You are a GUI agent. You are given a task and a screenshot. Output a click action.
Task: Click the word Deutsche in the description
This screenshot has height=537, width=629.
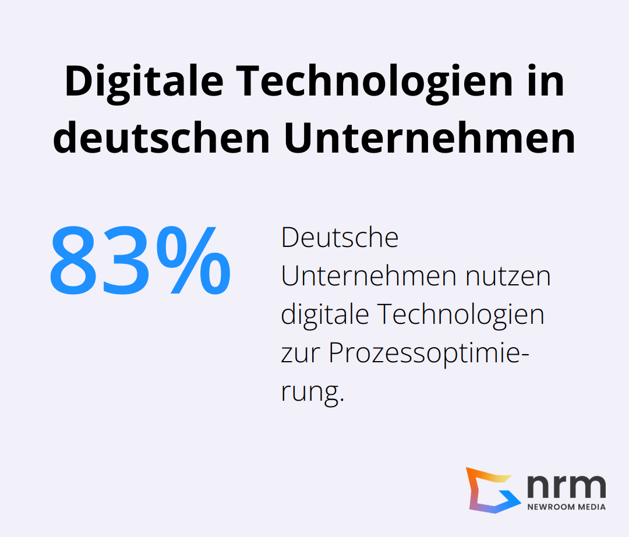(x=340, y=238)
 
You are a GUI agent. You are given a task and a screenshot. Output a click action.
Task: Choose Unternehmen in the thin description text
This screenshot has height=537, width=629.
(x=367, y=277)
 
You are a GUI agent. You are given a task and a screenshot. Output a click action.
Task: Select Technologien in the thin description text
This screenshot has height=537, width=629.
(x=461, y=315)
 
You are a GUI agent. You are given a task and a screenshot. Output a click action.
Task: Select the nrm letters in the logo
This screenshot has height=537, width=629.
(x=566, y=485)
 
